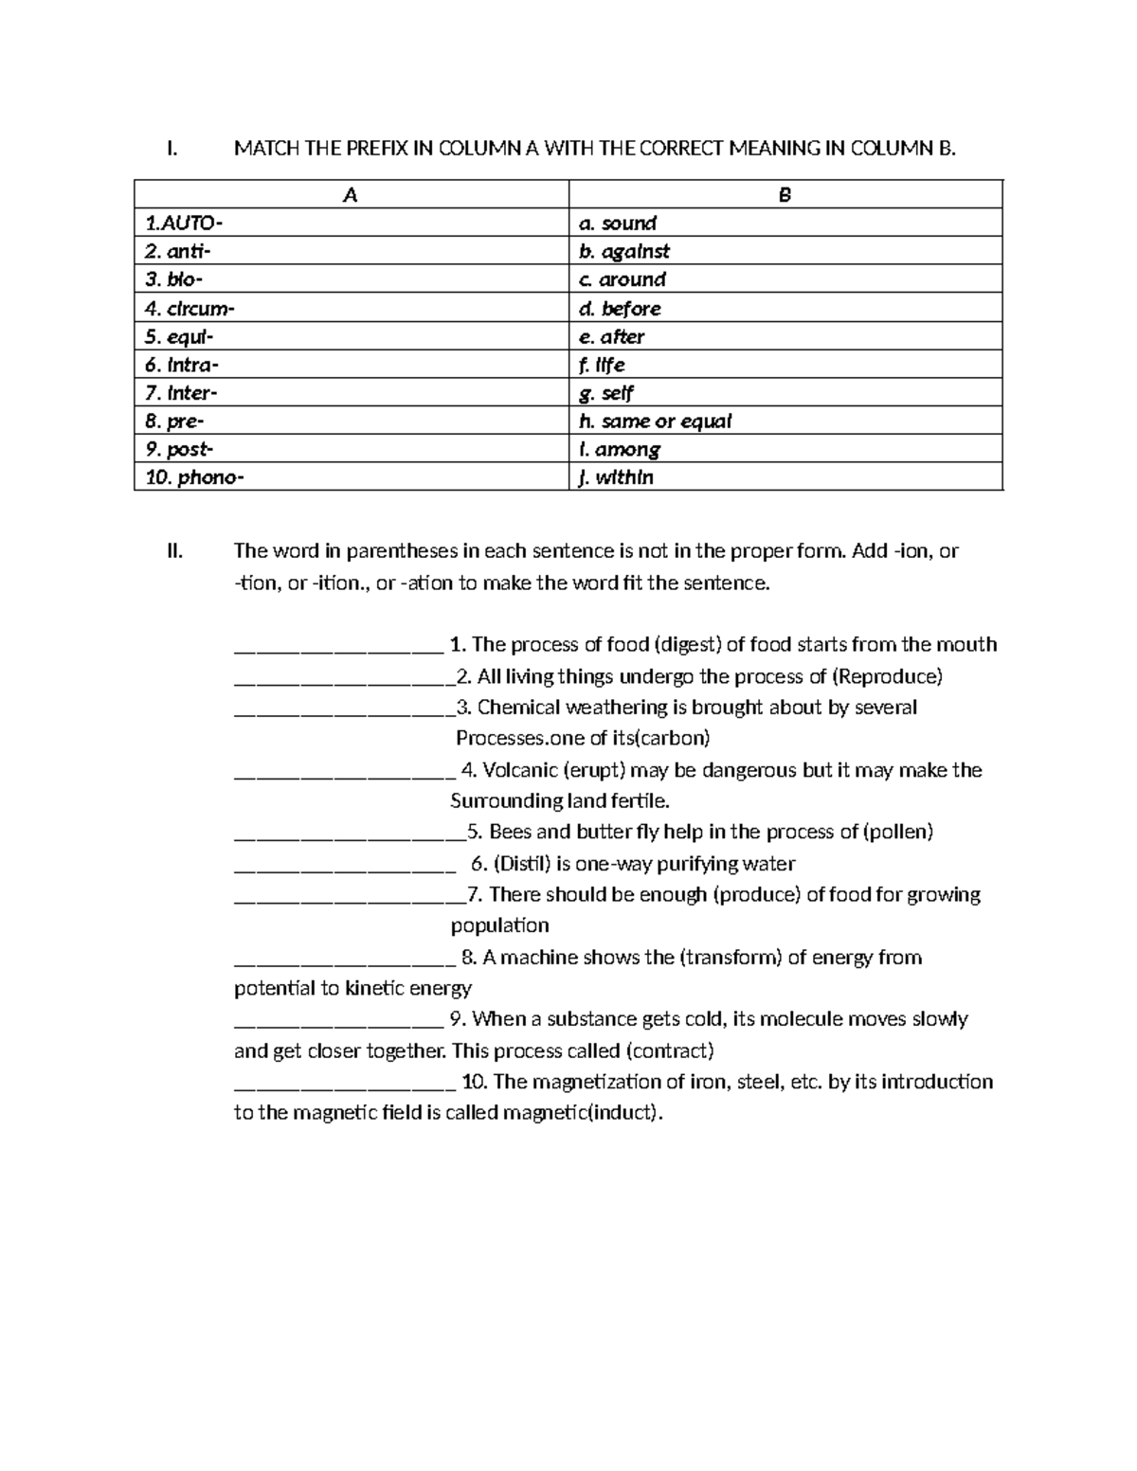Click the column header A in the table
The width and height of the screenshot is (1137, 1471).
[x=351, y=195]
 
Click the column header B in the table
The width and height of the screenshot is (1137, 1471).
[x=785, y=195]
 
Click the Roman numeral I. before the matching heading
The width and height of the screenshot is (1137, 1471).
[x=171, y=149]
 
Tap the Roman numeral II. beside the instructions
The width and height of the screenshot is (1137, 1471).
[x=173, y=551]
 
